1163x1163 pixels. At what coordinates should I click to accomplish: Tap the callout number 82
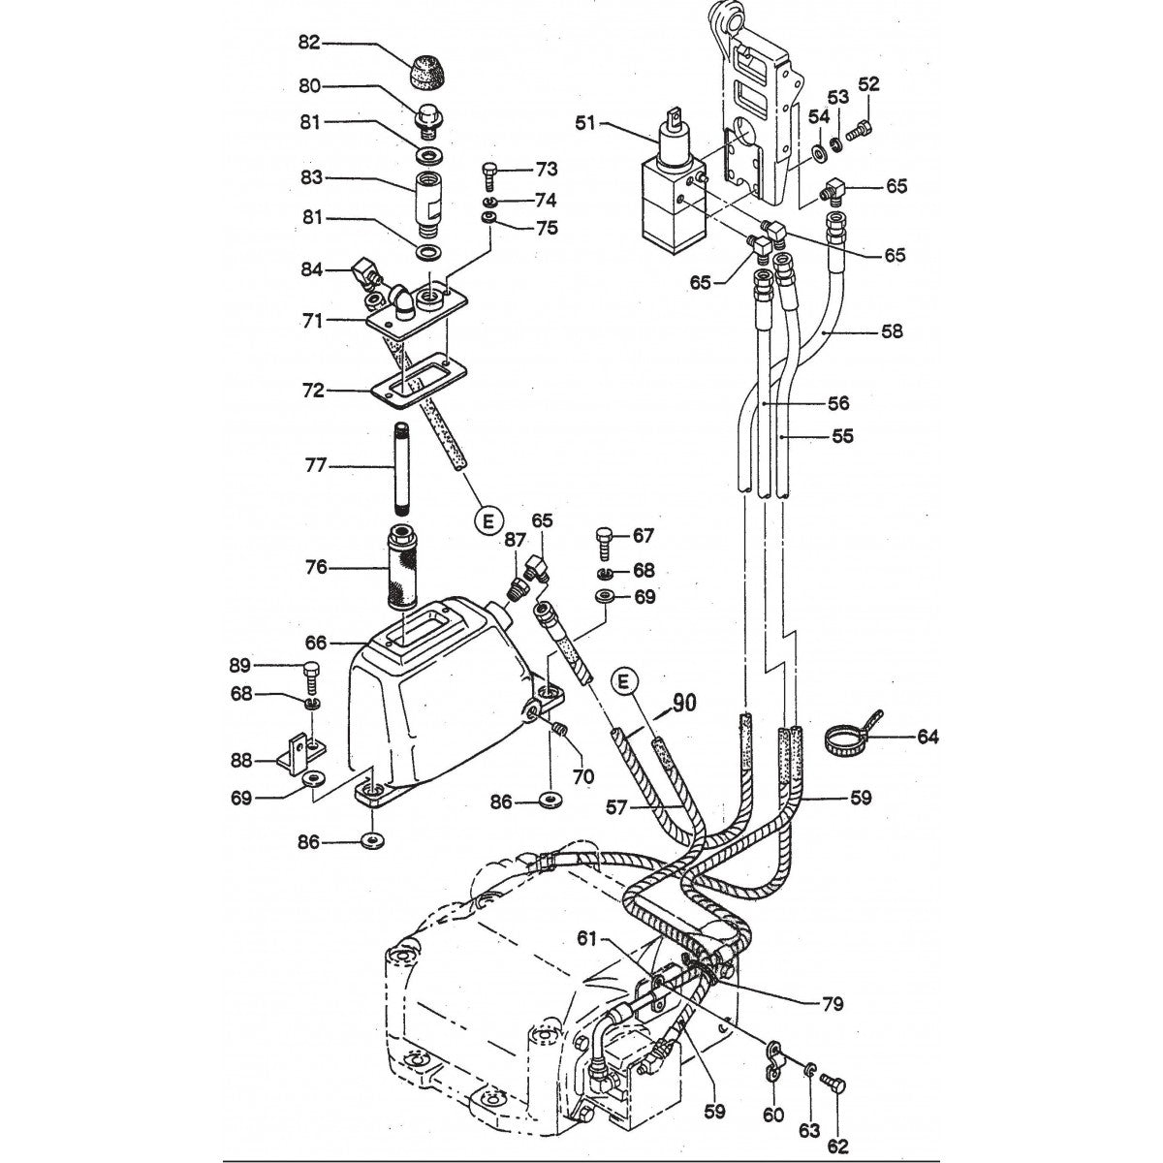pyautogui.click(x=309, y=43)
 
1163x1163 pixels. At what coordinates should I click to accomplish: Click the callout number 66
pyautogui.click(x=316, y=642)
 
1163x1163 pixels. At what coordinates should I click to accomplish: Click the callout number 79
pyautogui.click(x=830, y=1005)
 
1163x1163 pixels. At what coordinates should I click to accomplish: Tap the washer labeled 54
pyautogui.click(x=820, y=152)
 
